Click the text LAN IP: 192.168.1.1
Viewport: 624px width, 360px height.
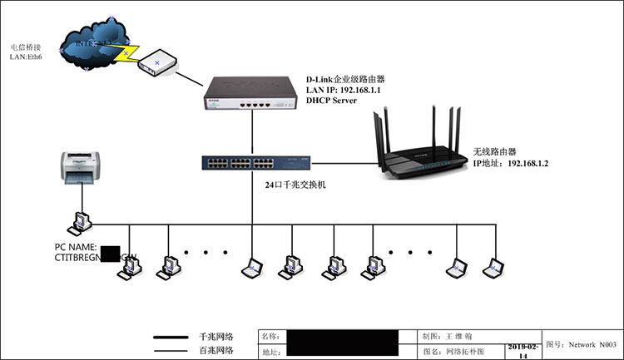(343, 90)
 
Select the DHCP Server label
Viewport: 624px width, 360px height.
(331, 101)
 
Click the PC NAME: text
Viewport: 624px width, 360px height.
(77, 248)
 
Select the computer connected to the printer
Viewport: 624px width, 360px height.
(82, 222)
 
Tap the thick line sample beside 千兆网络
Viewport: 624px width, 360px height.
(171, 338)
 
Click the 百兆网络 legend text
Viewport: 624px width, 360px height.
(215, 352)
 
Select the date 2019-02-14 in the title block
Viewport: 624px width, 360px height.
(523, 350)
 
